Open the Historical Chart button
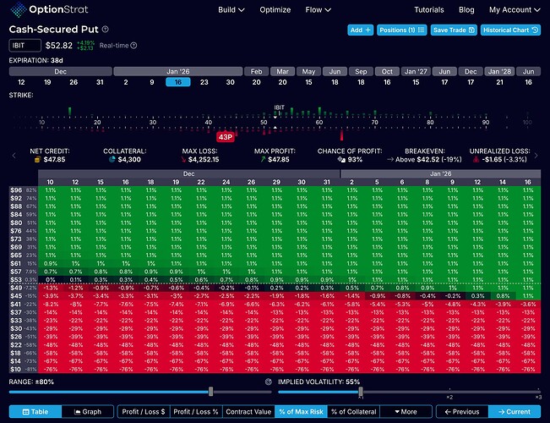(510, 30)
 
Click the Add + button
(361, 30)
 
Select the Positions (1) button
(401, 30)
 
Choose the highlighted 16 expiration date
(177, 81)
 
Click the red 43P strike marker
(226, 136)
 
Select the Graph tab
(89, 412)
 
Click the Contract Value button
(248, 412)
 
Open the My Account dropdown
(513, 10)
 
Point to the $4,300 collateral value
(122, 158)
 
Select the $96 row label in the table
(16, 190)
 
